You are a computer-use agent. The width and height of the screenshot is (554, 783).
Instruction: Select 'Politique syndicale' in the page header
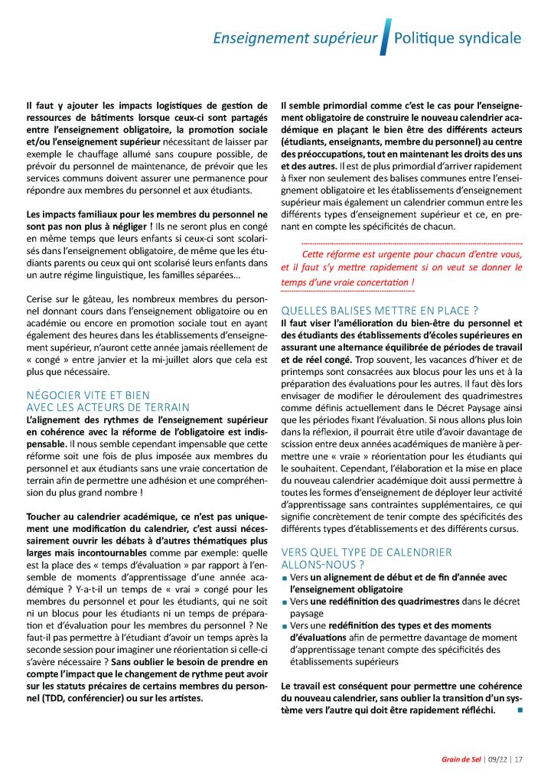pos(457,38)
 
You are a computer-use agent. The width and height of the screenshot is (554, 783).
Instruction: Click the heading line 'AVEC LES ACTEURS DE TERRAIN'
pos(107,406)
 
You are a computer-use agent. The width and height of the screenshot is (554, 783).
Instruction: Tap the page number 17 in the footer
pos(519,760)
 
